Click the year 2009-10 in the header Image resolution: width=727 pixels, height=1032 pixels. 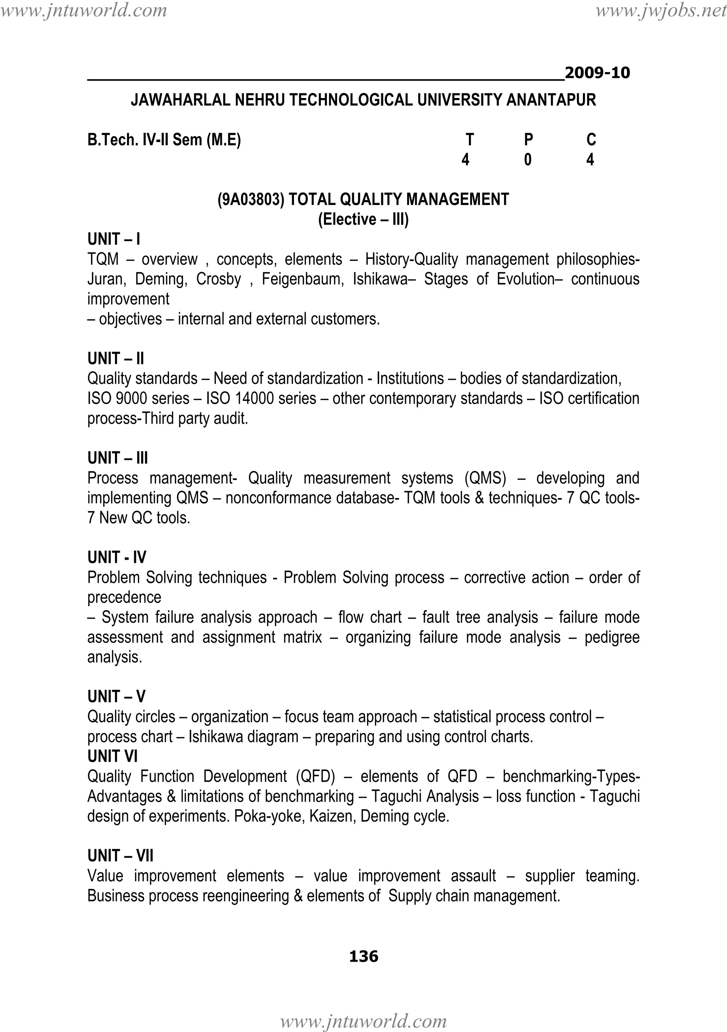coord(597,73)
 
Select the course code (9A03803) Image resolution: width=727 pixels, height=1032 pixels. coord(251,199)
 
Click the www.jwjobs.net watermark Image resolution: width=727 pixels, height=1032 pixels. coord(661,10)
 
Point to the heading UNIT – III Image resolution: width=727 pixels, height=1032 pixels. coord(118,458)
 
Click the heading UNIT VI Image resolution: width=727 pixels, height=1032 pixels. coord(112,756)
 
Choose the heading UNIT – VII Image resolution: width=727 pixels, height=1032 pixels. coord(120,856)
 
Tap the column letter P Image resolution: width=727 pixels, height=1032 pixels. coord(529,140)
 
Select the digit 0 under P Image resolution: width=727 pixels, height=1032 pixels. coord(528,159)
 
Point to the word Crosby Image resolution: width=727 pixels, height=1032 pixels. coord(218,279)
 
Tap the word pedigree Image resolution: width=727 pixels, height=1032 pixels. coord(612,637)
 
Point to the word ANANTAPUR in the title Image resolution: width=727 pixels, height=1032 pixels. coord(551,100)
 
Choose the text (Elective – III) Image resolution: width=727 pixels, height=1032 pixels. coord(363,219)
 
